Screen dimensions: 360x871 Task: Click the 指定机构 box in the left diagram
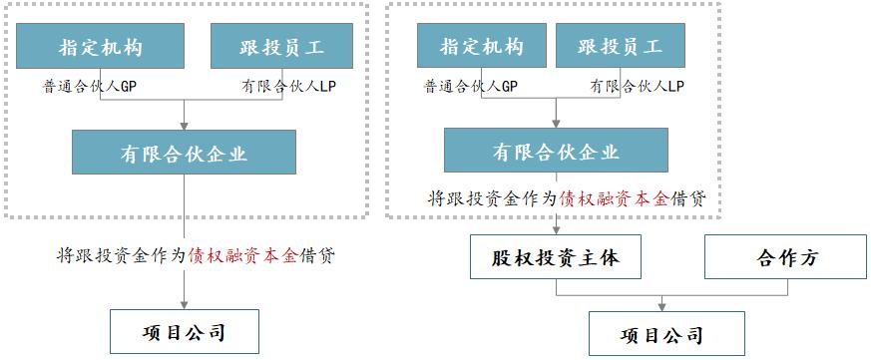pos(101,47)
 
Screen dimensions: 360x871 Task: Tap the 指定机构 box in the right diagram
pos(482,47)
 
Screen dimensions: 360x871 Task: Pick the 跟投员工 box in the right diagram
pos(620,47)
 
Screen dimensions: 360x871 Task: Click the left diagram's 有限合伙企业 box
pos(184,153)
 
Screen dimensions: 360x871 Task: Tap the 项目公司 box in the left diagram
pos(184,332)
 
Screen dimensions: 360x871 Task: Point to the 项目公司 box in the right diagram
pos(663,334)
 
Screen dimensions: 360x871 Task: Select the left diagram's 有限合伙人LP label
pos(286,87)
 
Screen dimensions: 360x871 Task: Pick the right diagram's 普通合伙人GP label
pos(471,87)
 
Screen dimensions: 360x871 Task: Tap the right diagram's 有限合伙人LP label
pos(637,87)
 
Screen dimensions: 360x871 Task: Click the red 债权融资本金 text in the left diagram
pos(242,254)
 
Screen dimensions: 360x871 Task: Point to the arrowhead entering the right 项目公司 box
pos(663,306)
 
